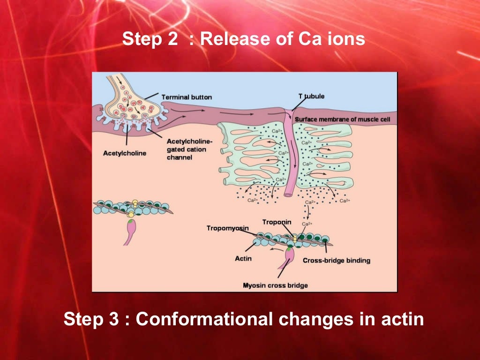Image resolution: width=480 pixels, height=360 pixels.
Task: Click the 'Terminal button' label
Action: coord(187,97)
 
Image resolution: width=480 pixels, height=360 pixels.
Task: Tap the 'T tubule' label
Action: coord(311,96)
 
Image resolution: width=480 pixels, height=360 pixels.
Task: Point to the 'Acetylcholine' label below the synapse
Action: coord(124,153)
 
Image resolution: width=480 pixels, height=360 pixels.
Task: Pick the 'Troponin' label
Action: coord(277,222)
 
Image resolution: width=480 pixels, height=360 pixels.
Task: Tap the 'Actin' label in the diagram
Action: coord(243,258)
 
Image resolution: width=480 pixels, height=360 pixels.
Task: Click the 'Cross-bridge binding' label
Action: coord(336,261)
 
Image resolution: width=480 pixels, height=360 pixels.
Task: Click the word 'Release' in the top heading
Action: coord(230,39)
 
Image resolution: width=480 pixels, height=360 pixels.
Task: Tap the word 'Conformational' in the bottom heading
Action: coord(204,320)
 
